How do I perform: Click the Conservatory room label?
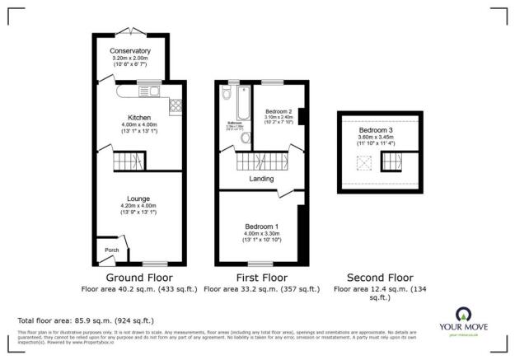[x=129, y=51]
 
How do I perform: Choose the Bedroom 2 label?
[x=279, y=110]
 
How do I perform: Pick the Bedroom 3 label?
[x=375, y=130]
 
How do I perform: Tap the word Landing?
[x=261, y=179]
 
